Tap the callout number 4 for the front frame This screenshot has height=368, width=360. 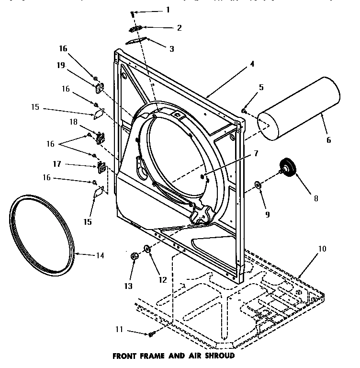point(252,63)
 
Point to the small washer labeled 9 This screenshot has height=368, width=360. point(258,184)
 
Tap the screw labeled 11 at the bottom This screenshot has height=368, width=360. point(151,333)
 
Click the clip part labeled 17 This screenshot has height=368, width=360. point(101,167)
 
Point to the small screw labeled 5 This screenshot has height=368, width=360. point(244,111)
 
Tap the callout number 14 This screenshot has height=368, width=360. point(99,255)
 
